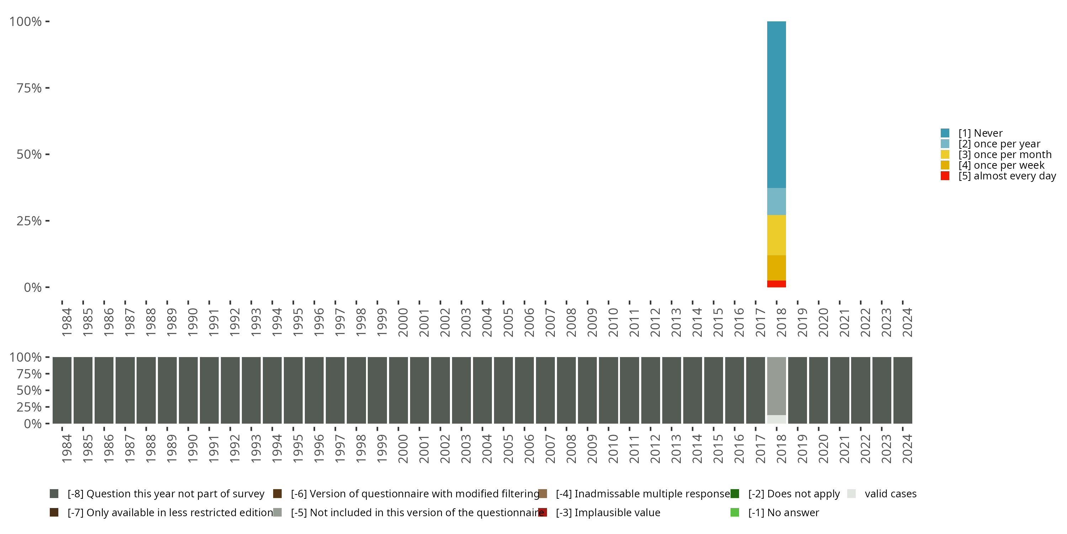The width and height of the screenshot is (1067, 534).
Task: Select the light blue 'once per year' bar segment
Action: click(x=776, y=201)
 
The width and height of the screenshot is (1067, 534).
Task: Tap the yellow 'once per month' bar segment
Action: click(x=776, y=235)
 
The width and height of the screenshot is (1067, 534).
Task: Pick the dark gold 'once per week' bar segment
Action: click(x=776, y=268)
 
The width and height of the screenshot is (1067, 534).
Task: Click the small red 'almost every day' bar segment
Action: click(x=776, y=284)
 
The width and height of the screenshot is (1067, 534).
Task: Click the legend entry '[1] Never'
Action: click(x=980, y=133)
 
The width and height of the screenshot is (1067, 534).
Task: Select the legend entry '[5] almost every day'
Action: click(x=1007, y=176)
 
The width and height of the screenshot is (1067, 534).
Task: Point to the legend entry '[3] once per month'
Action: click(x=1004, y=155)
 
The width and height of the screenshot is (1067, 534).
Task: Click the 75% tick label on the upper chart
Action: click(x=29, y=88)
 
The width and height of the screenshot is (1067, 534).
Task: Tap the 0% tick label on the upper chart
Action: click(x=33, y=287)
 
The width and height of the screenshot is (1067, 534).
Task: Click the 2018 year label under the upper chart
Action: click(x=781, y=322)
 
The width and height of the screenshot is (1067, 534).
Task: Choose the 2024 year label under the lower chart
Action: click(x=907, y=449)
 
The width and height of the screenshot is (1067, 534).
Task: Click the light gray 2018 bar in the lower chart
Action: click(x=776, y=386)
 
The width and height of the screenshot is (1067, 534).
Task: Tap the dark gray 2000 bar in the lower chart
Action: click(x=398, y=390)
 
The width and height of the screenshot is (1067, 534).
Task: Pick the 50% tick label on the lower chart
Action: click(x=29, y=391)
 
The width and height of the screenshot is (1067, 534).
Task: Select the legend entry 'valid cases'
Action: click(x=890, y=494)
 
